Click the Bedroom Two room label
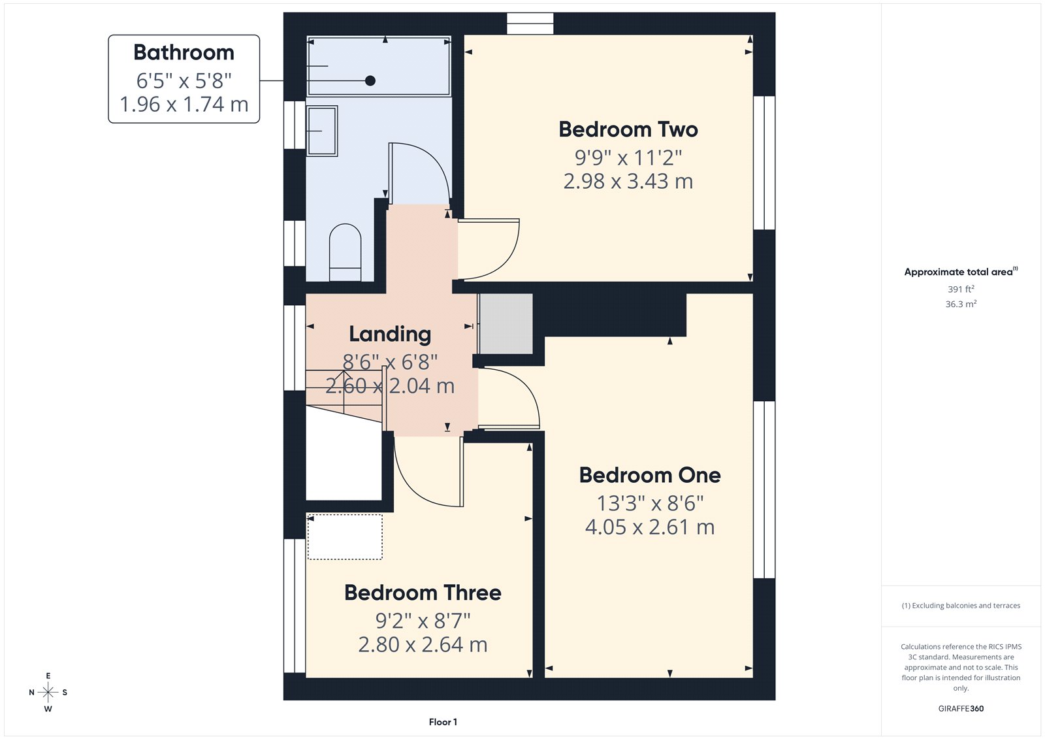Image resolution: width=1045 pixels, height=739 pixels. coord(628,129)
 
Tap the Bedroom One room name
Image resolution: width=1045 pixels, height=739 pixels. coord(649,475)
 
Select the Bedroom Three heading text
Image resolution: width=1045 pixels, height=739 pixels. coord(423,593)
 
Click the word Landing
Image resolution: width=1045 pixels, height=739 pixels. coord(390,334)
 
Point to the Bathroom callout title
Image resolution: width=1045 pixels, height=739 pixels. coord(184,52)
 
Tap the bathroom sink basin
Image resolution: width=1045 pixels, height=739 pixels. coord(322,131)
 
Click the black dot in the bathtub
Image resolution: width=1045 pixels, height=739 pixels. coord(370,80)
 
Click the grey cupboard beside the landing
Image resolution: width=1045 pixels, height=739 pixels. coord(506,323)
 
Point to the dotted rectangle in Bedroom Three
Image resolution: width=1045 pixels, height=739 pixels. coord(345,537)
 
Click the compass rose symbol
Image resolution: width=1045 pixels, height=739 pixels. coord(48,692)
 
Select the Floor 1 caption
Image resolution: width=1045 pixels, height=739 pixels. coord(443,722)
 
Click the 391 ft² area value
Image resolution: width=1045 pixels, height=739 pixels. coord(961,289)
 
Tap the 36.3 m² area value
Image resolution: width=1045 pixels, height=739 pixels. coord(961,304)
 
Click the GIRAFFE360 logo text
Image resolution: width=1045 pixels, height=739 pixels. coord(961,708)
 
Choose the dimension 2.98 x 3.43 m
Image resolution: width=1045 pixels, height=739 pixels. coord(628,181)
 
